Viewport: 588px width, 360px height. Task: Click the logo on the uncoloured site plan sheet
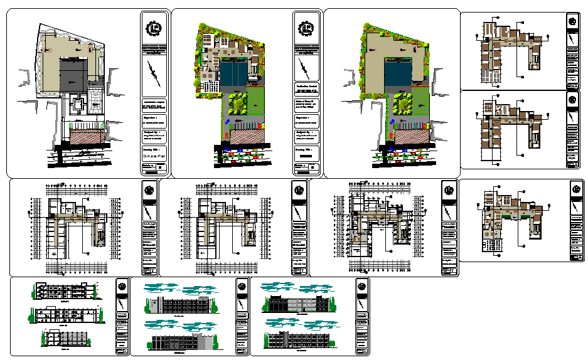153,28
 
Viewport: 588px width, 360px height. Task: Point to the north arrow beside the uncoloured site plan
153,73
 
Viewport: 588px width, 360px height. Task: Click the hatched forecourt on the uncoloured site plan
83,137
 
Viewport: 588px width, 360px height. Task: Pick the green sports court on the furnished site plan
256,102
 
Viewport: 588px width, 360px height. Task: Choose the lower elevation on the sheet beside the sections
182,342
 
